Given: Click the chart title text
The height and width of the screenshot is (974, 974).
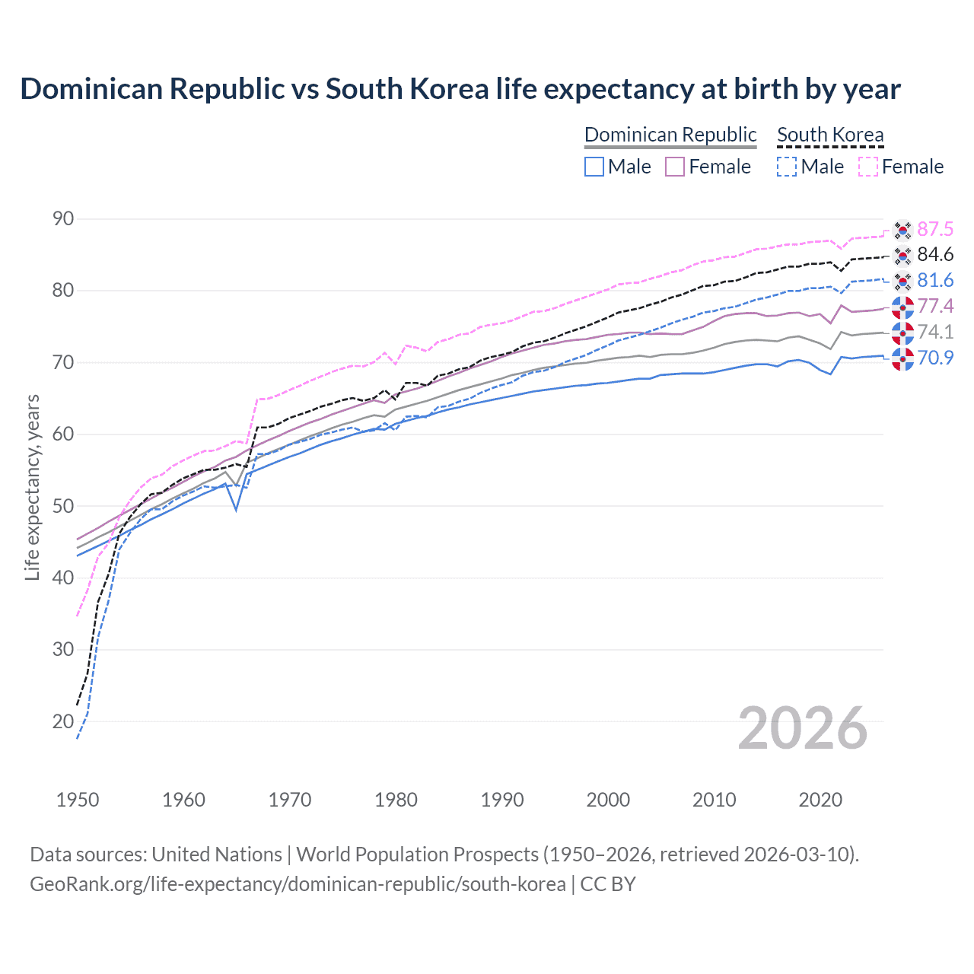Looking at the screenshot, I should click(x=460, y=89).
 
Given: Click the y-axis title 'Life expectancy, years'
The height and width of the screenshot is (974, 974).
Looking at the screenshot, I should click(x=32, y=487).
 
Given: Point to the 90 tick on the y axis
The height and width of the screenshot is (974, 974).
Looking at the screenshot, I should click(x=63, y=219).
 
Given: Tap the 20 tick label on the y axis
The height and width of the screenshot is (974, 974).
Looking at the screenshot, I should click(x=63, y=721).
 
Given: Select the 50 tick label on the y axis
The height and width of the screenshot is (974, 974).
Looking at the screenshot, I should click(x=63, y=506).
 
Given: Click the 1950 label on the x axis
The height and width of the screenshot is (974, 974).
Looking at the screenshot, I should click(x=78, y=800).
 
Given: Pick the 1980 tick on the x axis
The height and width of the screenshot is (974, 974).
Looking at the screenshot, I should click(x=396, y=800).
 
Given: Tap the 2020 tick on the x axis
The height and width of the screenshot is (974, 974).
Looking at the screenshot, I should click(x=820, y=800).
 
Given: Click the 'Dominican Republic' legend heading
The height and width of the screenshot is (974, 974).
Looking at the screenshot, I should click(x=670, y=135).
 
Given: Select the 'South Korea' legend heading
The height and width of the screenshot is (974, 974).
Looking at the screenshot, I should click(x=830, y=135).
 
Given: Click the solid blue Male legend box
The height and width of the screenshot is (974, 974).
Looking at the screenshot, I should click(x=594, y=167).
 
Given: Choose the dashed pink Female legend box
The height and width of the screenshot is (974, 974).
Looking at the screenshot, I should click(x=868, y=167).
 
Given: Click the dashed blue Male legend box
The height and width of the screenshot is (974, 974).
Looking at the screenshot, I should click(x=787, y=167).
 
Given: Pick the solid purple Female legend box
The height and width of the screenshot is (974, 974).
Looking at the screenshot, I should click(x=675, y=167).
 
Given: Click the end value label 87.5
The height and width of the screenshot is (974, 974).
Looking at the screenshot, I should click(x=935, y=229).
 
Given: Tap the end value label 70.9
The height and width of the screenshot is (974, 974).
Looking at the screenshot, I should click(x=935, y=358).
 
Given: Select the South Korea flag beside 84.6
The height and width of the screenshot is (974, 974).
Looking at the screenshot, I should click(x=902, y=255).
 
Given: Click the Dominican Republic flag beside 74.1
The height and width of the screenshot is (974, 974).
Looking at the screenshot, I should click(x=902, y=333).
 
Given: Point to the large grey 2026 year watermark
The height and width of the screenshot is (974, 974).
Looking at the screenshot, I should click(x=803, y=728).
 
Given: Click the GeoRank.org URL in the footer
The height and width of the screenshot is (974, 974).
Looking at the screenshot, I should click(x=298, y=884).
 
